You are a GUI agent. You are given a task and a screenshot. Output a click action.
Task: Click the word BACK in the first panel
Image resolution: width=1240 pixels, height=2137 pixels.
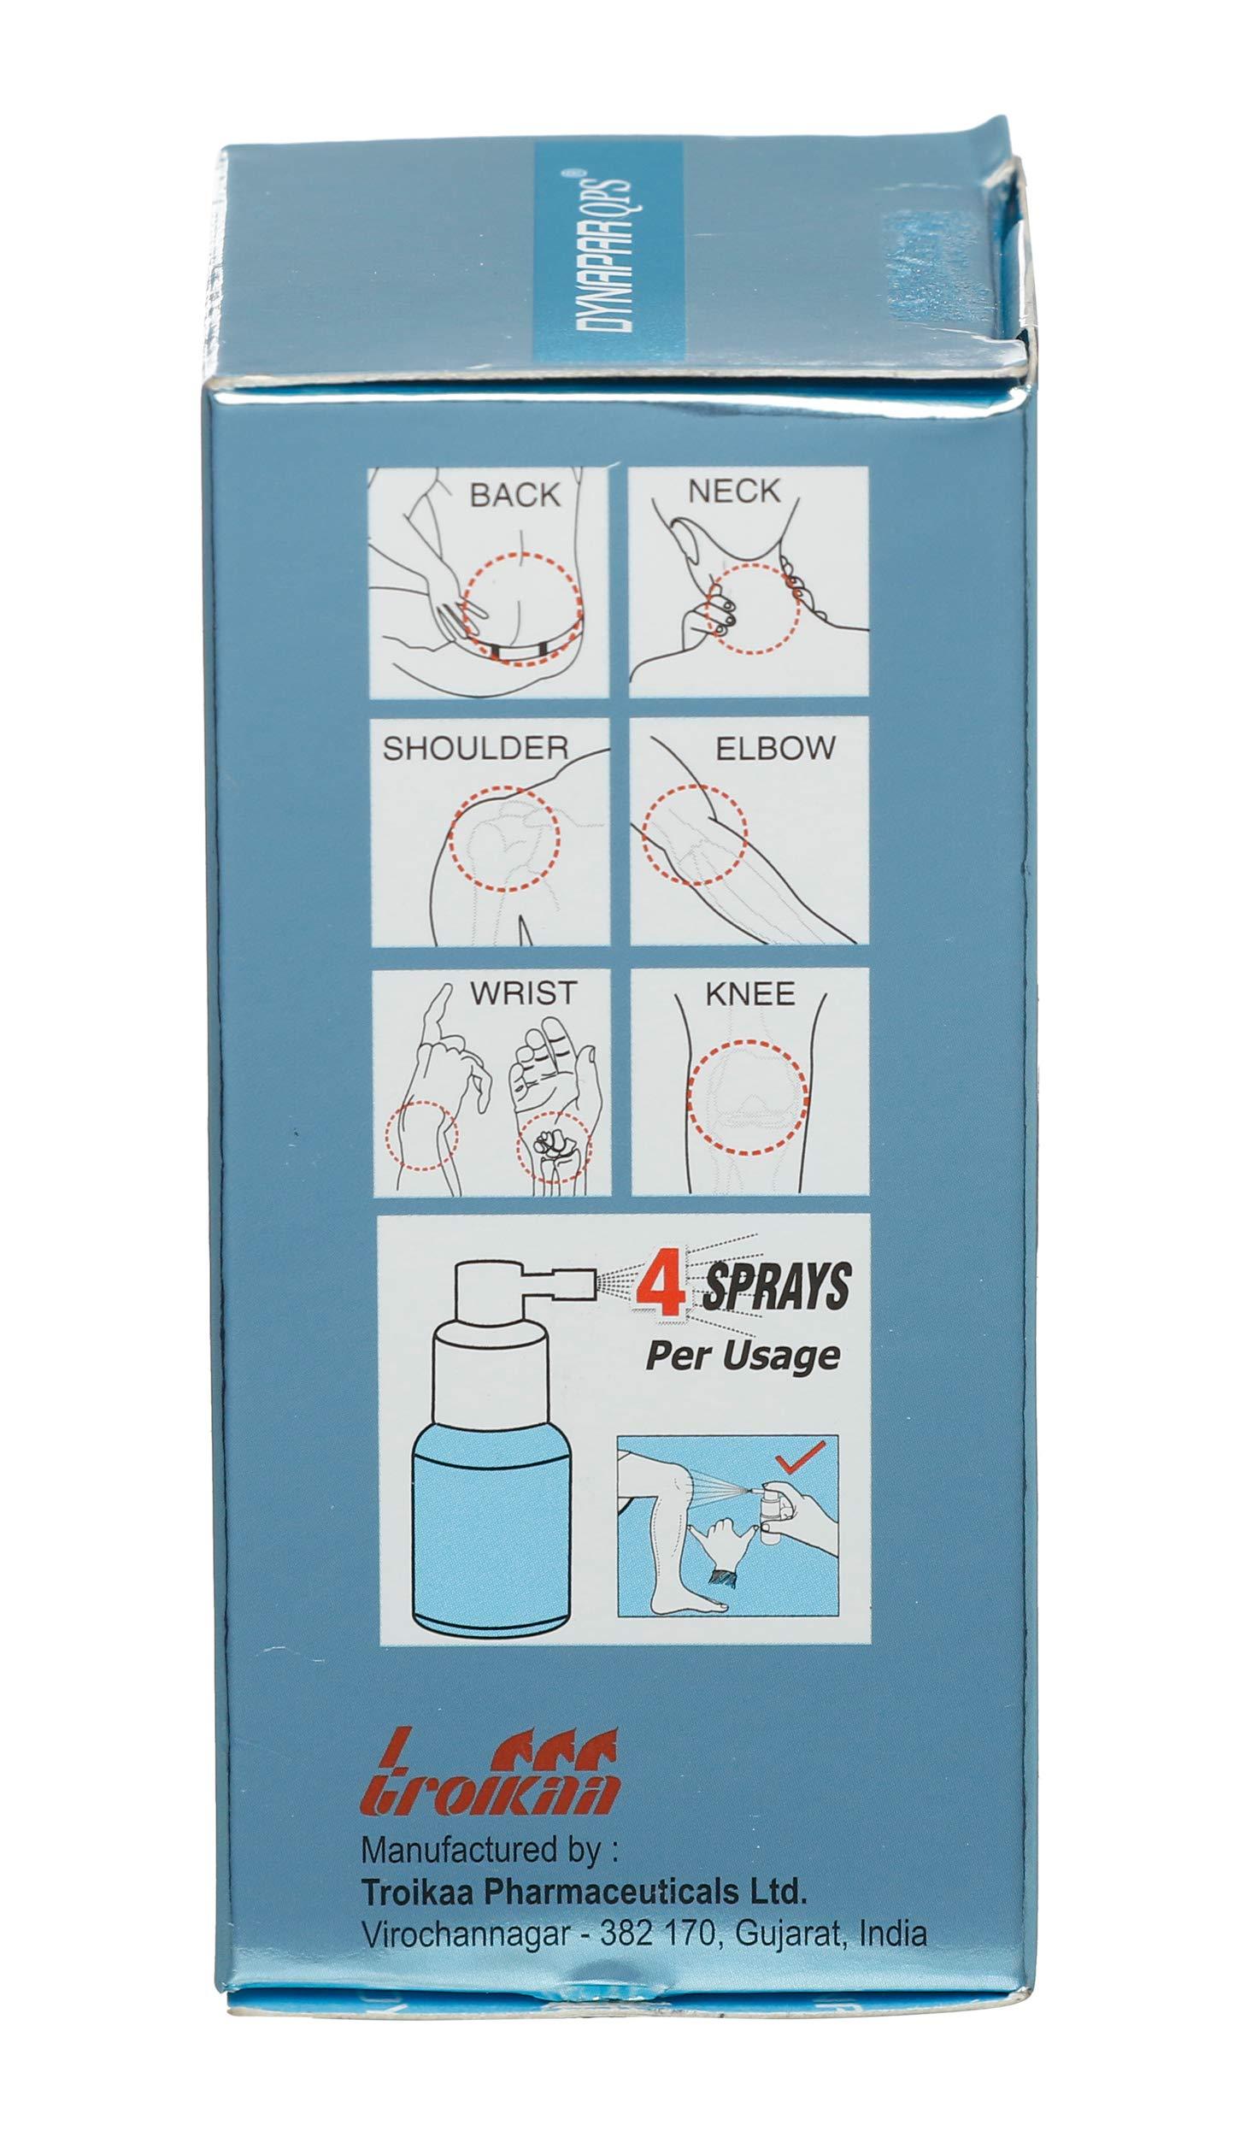click(x=514, y=496)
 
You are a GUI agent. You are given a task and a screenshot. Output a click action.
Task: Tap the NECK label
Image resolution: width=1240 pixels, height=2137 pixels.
click(x=734, y=492)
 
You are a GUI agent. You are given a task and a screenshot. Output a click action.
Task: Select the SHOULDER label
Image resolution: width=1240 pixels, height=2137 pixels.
click(x=474, y=749)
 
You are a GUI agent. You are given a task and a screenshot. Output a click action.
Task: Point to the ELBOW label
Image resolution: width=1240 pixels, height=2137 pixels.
click(x=774, y=748)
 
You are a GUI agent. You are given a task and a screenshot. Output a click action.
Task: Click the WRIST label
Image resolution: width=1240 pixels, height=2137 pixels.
click(x=524, y=994)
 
